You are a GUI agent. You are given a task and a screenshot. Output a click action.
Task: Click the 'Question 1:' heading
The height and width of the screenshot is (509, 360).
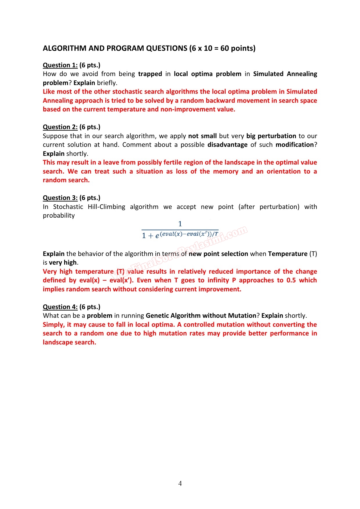pos(60,65)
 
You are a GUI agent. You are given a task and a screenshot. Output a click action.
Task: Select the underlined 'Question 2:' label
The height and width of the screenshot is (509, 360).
pos(60,127)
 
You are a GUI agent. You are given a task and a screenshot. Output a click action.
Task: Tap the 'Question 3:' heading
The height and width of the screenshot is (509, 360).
pos(60,198)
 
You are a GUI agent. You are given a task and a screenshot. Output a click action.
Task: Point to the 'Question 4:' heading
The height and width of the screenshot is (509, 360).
pos(60,307)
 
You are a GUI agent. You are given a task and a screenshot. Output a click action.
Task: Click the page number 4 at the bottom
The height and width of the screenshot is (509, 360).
pos(180,483)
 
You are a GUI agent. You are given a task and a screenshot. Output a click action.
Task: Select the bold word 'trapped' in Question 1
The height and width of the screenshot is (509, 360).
pos(150,74)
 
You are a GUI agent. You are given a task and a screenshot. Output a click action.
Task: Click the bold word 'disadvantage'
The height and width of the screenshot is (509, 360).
pos(227,145)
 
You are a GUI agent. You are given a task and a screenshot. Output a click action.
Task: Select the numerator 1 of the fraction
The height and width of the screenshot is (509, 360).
pos(180,224)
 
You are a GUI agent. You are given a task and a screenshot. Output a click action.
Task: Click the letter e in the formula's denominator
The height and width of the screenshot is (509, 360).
pos(157,236)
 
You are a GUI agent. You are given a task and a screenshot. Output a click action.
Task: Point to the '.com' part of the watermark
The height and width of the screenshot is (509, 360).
pos(236,232)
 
